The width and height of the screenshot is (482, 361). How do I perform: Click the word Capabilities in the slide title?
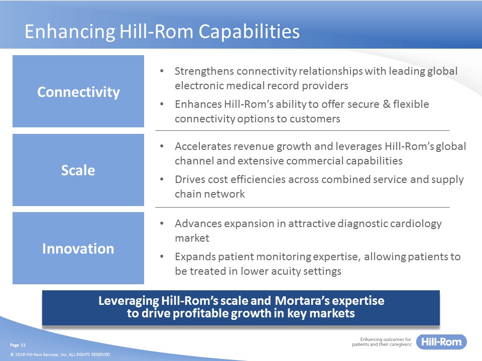pos(249,32)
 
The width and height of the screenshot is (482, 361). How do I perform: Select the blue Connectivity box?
pos(78,91)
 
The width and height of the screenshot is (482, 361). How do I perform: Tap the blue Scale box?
pos(78,170)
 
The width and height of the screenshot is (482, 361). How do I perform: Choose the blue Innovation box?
pos(78,248)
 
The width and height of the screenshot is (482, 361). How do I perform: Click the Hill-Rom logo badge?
pos(441,341)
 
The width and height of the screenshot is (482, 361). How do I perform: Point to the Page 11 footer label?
pos(18,345)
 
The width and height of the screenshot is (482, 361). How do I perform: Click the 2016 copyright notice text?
pos(60,354)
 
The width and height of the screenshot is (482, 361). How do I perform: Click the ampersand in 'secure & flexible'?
pos(387,104)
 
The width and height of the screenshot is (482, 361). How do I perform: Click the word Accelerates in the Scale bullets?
pos(202,146)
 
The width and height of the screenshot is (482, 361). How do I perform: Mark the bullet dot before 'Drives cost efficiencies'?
pos(162,179)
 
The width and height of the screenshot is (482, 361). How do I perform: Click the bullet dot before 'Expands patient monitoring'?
pos(162,256)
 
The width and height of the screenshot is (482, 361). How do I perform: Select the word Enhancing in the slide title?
pos(70,32)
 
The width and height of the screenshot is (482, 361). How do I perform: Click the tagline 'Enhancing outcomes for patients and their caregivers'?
pos(382,341)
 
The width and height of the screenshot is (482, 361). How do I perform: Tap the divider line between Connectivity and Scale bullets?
pos(302,130)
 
